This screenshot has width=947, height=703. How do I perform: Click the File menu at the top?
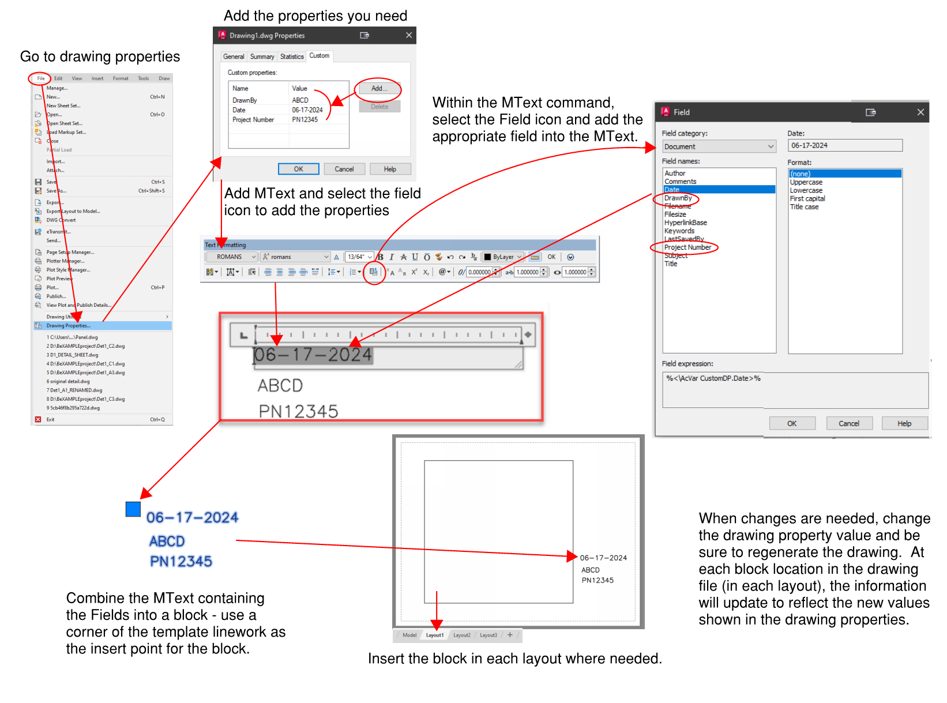pyautogui.click(x=40, y=78)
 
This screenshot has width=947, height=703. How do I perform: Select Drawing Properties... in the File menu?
pyautogui.click(x=69, y=326)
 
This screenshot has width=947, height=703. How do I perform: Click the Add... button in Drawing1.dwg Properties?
pyautogui.click(x=378, y=89)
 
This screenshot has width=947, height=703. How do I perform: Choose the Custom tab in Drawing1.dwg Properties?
pyautogui.click(x=319, y=56)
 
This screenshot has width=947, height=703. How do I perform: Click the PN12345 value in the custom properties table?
pyautogui.click(x=305, y=120)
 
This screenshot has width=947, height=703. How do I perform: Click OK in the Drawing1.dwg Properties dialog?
pyautogui.click(x=298, y=169)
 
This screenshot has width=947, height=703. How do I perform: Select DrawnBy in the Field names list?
pyautogui.click(x=678, y=198)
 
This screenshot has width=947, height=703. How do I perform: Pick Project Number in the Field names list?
pyautogui.click(x=687, y=247)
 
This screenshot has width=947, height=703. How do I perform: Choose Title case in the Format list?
pyautogui.click(x=804, y=207)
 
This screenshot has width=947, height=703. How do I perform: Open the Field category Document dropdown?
pyautogui.click(x=719, y=146)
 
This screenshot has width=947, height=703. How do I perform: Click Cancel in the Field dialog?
pyautogui.click(x=848, y=423)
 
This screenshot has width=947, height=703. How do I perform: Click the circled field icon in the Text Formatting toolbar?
pyautogui.click(x=374, y=272)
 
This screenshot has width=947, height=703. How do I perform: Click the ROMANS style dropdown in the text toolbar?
pyautogui.click(x=236, y=257)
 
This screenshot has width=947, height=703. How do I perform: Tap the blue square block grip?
pyautogui.click(x=133, y=509)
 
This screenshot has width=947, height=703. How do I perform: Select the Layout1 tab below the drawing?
pyautogui.click(x=435, y=636)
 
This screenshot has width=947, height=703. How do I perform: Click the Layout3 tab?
pyautogui.click(x=488, y=636)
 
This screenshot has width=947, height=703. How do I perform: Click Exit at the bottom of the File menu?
pyautogui.click(x=51, y=420)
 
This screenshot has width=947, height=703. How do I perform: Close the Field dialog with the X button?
pyautogui.click(x=920, y=112)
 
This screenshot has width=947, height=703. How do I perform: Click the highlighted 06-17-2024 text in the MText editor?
pyautogui.click(x=313, y=355)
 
